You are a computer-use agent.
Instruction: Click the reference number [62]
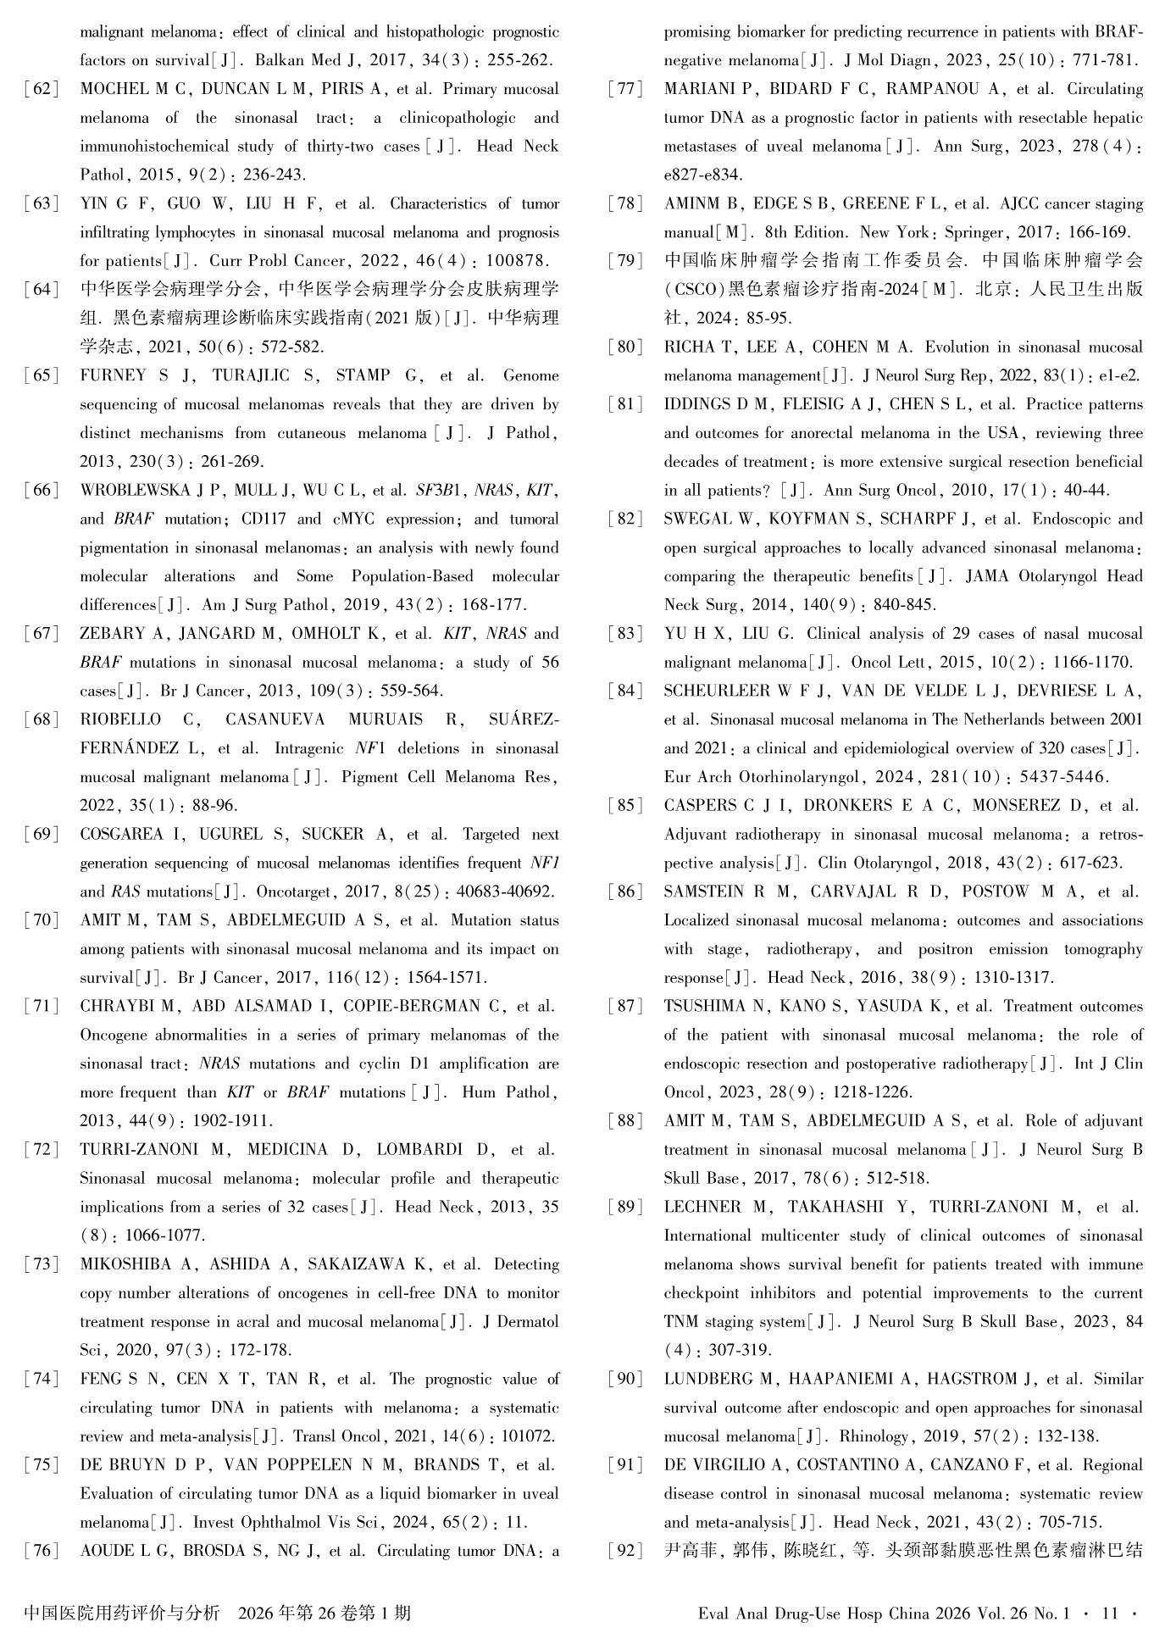(42, 89)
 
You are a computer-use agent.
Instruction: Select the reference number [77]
(626, 89)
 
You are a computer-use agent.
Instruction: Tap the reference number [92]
(626, 1551)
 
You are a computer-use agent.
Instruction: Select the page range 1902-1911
(233, 1120)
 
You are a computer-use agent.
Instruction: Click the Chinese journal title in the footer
(122, 1613)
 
